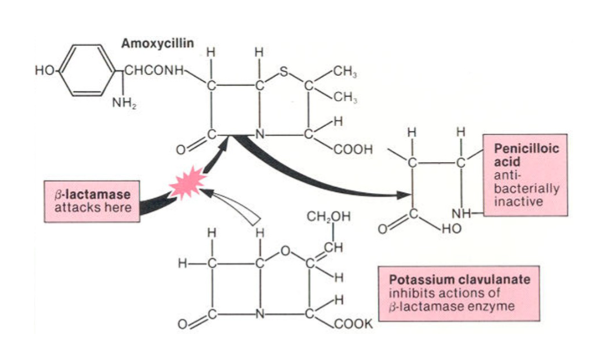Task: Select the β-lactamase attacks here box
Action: tap(92, 201)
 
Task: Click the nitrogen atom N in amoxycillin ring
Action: tap(258, 136)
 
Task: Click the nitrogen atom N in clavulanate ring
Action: tap(259, 314)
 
